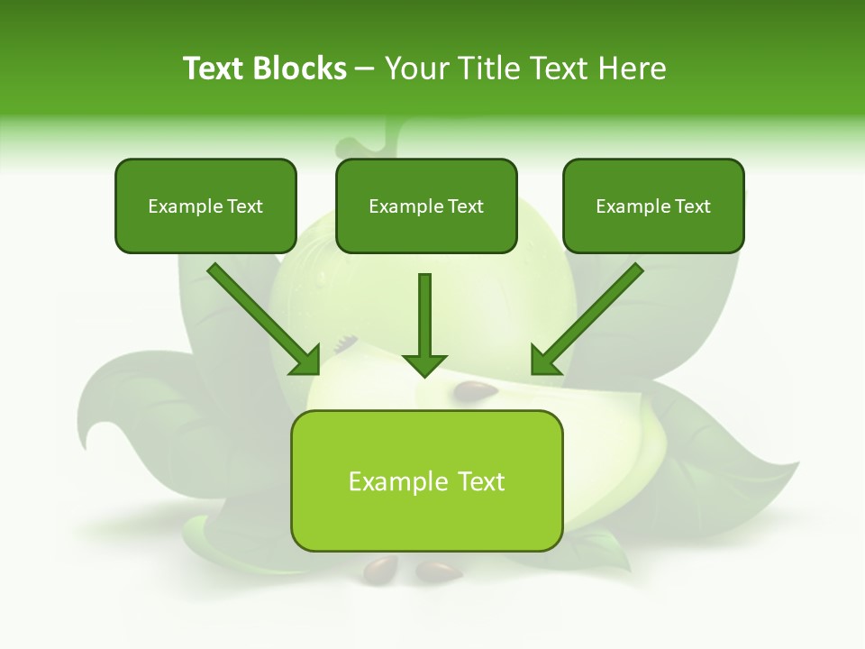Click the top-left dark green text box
pyautogui.click(x=205, y=206)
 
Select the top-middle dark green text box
pyautogui.click(x=426, y=206)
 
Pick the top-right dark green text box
pyautogui.click(x=653, y=206)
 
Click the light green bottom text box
pyautogui.click(x=426, y=480)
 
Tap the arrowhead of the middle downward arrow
pyautogui.click(x=424, y=364)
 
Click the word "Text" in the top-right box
pyautogui.click(x=693, y=206)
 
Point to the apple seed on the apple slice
pyautogui.click(x=476, y=391)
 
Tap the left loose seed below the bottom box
pyautogui.click(x=379, y=568)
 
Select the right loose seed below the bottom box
pyautogui.click(x=439, y=571)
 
